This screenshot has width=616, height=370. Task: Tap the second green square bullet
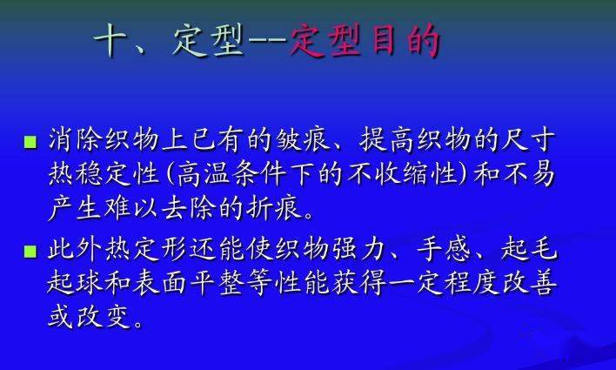click(x=30, y=252)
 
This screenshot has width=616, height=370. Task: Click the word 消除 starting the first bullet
click(x=75, y=139)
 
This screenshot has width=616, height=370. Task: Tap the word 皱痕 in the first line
click(x=302, y=139)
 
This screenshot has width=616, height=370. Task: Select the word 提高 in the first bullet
click(x=386, y=139)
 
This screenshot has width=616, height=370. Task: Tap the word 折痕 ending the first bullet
click(x=274, y=207)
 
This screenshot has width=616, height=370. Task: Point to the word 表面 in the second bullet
click(x=159, y=283)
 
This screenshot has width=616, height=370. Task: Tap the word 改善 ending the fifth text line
click(x=529, y=283)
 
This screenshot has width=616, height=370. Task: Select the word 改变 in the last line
click(x=103, y=317)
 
